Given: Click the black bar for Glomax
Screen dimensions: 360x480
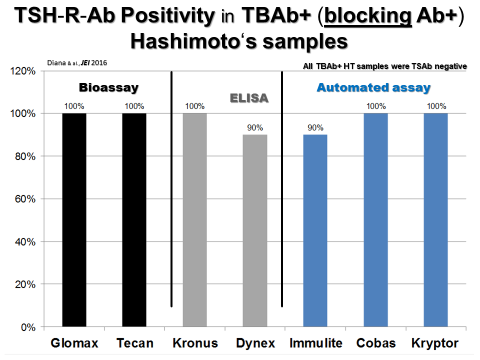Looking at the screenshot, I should (x=74, y=220).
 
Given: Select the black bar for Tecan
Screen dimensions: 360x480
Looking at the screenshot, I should (x=134, y=220).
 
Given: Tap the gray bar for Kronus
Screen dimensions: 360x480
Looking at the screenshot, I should (x=194, y=220).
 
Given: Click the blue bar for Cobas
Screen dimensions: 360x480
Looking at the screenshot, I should (x=375, y=220).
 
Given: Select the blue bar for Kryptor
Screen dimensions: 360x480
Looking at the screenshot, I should (x=435, y=220).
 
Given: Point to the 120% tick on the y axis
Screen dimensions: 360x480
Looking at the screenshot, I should (x=24, y=71).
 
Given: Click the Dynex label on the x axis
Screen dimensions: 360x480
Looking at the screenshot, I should (x=255, y=343).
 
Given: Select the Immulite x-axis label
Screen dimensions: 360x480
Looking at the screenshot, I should (x=315, y=343).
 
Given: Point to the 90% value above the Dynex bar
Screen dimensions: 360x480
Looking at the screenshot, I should (x=255, y=127).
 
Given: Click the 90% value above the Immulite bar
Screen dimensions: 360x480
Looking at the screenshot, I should (x=315, y=127).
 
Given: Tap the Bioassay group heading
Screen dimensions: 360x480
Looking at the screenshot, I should (x=108, y=87).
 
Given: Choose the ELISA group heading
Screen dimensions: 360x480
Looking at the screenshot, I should (x=249, y=98).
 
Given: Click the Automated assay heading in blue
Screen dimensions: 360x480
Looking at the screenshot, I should (x=373, y=87).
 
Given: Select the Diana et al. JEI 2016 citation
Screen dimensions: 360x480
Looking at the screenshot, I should (x=77, y=63).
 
